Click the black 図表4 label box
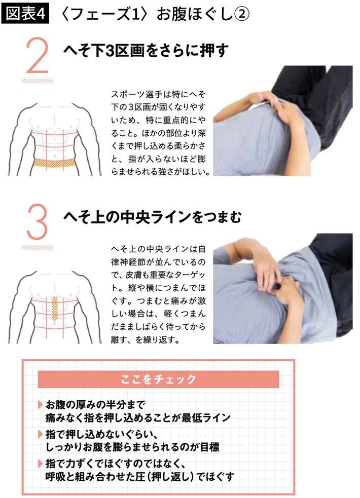pos(25,14)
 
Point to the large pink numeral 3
pos(37,222)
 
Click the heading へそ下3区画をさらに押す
pos(146,51)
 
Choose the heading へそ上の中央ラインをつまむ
pos(153,217)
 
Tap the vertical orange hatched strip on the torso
pos(55,309)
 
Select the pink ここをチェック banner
pos(158,379)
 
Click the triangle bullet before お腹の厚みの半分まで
pos(41,405)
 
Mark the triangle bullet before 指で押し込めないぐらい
pos(41,434)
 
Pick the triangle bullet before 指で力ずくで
pos(41,464)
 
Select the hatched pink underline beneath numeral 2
pos(38,81)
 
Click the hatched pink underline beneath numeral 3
pos(38,247)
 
